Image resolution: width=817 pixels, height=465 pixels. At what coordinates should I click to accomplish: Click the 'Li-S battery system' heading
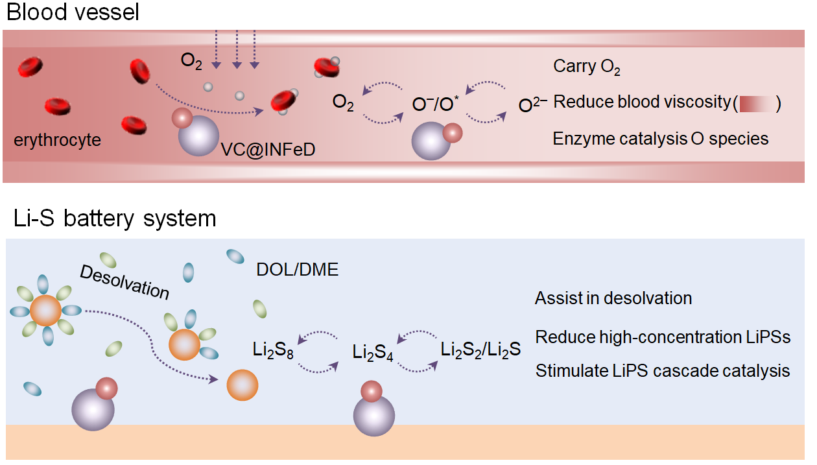click(x=115, y=219)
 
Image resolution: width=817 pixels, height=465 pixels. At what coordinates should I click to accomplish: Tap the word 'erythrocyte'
click(x=58, y=139)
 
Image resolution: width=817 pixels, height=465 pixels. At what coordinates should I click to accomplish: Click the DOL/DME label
click(x=298, y=270)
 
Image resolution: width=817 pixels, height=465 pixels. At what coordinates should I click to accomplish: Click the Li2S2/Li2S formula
click(x=480, y=350)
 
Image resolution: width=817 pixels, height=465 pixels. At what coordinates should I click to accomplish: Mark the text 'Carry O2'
click(x=586, y=67)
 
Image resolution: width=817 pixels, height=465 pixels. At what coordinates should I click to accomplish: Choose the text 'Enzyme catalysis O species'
click(x=660, y=139)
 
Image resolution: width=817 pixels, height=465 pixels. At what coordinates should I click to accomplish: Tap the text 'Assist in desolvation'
click(x=613, y=298)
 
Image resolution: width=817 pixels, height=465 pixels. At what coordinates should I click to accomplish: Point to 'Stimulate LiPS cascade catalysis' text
click(x=662, y=371)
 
